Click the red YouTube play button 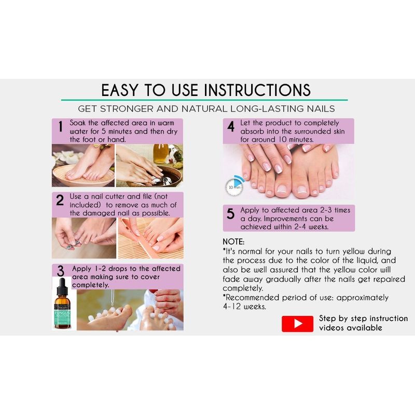[x=297, y=323]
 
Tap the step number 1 [x=61, y=127]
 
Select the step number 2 [x=60, y=200]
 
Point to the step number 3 [x=61, y=271]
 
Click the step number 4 [x=231, y=127]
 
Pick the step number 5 [x=230, y=214]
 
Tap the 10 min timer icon [x=234, y=186]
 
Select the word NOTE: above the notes [x=233, y=242]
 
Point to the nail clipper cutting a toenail [x=73, y=244]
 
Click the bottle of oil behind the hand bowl [x=161, y=154]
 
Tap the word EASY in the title [x=120, y=90]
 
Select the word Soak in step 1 [x=77, y=123]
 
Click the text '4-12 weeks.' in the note [x=244, y=307]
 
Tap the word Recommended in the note [x=252, y=297]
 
